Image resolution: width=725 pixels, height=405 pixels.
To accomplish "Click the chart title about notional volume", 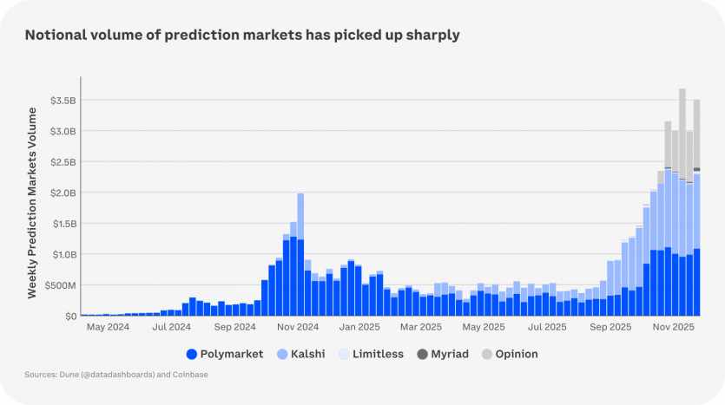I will [242, 36].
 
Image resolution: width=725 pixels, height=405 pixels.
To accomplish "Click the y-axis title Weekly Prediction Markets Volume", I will [32, 203].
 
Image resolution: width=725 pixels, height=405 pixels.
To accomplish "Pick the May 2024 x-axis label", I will [108, 328].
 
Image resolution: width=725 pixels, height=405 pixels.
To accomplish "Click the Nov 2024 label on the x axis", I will [298, 328].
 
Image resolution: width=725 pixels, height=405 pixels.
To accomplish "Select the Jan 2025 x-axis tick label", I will [359, 328].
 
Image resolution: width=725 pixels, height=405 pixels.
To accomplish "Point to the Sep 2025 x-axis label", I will [610, 328].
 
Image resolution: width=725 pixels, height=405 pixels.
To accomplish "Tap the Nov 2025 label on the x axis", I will [673, 328].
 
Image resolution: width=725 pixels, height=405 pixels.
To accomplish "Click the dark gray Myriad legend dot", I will [423, 354].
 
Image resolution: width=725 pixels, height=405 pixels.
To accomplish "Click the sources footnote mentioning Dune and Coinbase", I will [116, 375].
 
